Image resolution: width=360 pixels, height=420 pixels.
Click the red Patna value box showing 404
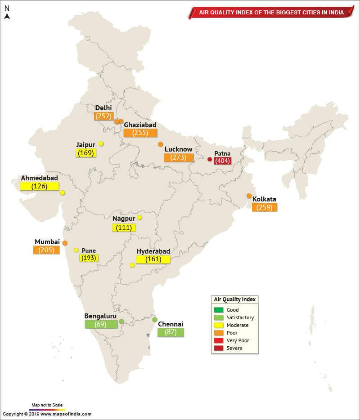point(222,161)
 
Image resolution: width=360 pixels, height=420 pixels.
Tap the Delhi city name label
point(103,108)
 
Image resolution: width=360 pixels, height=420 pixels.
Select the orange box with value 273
point(178,158)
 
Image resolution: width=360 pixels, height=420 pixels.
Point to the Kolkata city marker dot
point(249,196)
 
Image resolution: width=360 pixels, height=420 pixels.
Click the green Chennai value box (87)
point(171,332)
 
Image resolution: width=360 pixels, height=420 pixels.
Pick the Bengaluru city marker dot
point(121,322)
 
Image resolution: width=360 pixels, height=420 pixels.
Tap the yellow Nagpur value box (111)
point(124,228)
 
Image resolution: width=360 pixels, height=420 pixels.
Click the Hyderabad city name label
point(153,251)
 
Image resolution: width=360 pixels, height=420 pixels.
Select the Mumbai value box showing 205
point(46,250)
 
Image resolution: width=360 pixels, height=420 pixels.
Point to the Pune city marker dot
point(76,250)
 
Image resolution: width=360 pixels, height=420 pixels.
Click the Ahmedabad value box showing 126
point(39,186)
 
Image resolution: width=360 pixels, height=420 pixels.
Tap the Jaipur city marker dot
point(101,143)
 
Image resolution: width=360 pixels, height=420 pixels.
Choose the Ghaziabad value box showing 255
point(140,133)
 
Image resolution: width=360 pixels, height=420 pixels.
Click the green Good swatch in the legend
point(219,310)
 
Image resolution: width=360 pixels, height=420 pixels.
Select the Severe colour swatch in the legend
point(219,348)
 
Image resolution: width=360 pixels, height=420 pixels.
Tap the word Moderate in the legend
point(238,325)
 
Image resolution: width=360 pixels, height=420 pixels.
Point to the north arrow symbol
point(7,16)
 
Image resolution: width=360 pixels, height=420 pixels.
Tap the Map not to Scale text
point(47,405)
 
